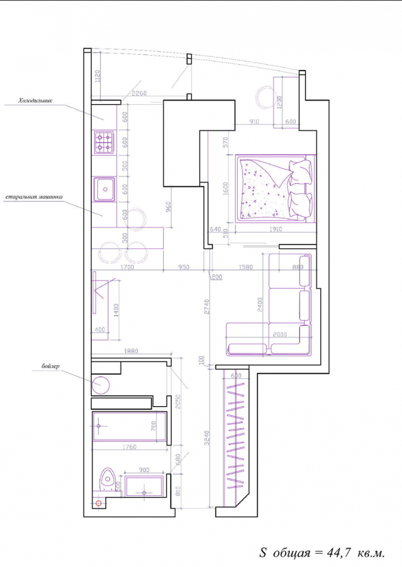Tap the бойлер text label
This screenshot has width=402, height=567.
51,366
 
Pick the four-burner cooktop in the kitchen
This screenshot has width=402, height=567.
104,142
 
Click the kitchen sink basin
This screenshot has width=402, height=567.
105,188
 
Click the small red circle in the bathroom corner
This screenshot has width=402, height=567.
98,503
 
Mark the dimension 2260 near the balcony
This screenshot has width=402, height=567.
139,94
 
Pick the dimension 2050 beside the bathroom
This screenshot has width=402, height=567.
179,402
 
